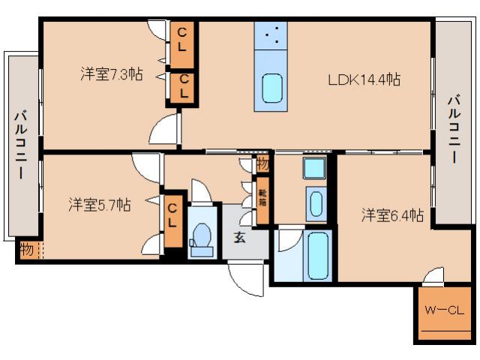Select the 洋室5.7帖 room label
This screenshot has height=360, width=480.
pos(100,204)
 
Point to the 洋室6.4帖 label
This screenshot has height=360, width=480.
pos(392,216)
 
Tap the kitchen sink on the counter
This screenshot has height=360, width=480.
pos(272,88)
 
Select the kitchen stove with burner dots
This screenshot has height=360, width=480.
pos(272,35)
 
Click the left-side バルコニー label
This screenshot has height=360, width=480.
pos(20,145)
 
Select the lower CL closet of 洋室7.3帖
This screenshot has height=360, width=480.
pos(182,87)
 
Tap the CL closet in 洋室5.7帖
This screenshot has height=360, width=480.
pos(172,216)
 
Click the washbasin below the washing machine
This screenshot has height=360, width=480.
pos(316,202)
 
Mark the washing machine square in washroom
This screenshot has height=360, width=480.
pos(313,168)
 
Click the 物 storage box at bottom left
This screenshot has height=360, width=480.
pos(26,249)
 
